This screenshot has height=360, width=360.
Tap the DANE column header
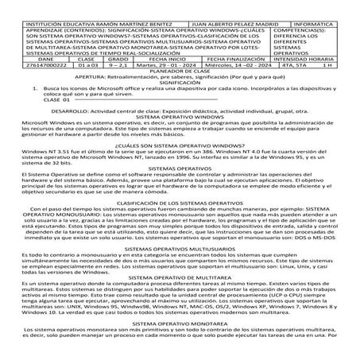[24, 59]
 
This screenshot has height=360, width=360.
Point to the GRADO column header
[118, 59]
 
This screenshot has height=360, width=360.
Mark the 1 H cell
[343, 67]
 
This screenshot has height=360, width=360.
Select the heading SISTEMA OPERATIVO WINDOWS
[180, 117]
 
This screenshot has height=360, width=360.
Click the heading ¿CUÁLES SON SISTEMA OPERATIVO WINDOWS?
[180, 147]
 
